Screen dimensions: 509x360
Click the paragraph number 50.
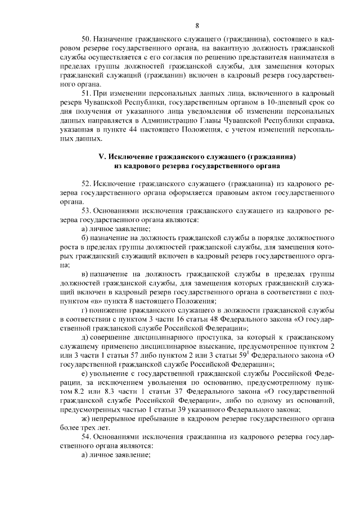tap(85, 40)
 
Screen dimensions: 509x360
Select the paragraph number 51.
tap(85, 92)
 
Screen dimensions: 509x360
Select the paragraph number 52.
tap(85, 184)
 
